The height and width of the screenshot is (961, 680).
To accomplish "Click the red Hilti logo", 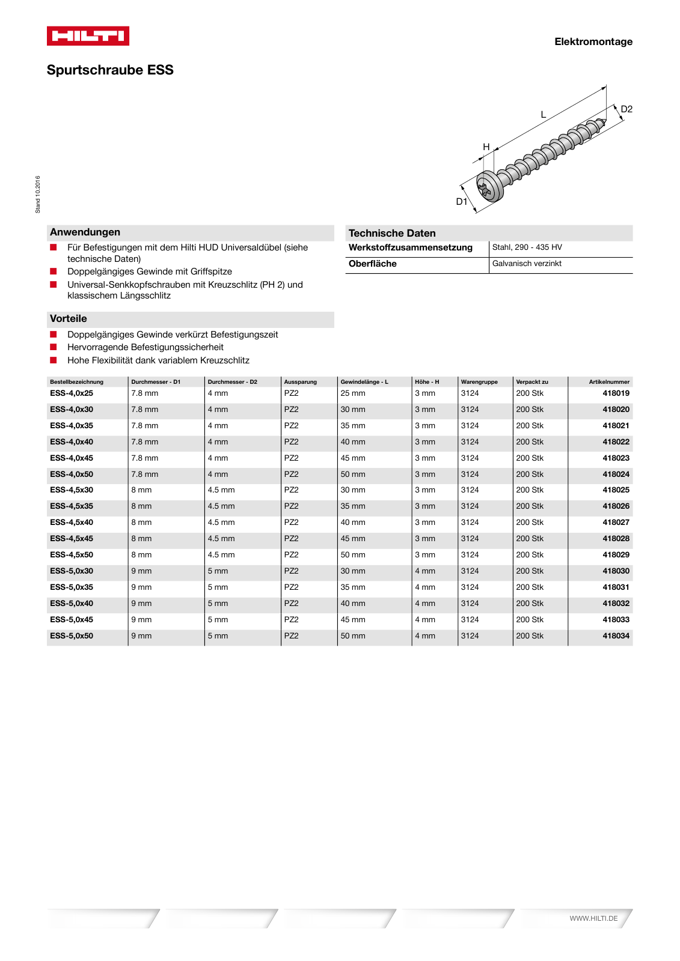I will pos(88,36).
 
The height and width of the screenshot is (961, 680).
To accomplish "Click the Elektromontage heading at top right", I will pos(593,41).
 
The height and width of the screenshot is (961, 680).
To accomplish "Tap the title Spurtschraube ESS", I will pos(110,70).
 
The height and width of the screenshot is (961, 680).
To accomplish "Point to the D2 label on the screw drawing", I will pos(626,109).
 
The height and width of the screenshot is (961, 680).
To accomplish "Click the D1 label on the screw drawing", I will pos(461,202).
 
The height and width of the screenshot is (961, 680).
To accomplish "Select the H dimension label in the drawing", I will pos(486,147).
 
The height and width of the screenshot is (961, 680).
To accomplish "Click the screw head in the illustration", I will pos(489,187).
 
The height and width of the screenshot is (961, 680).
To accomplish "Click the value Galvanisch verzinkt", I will pos(527,264).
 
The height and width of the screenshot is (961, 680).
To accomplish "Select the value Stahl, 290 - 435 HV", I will pos(527,247).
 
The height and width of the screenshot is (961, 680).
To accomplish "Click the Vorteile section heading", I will pos(69,319).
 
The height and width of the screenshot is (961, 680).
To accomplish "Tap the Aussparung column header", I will pos(300,382).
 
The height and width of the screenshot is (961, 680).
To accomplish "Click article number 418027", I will pos(616,523).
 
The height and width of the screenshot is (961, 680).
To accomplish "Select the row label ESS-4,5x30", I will pos(72,490).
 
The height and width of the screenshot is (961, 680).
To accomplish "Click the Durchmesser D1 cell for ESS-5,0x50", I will pos(141,636).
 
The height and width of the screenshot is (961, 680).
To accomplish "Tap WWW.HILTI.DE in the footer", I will pos(593,918).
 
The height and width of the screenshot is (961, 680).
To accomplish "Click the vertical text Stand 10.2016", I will pos(38,194).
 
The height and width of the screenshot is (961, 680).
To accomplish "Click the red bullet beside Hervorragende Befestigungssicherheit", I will pos(54,347).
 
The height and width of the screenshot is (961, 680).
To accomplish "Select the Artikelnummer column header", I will pos(609,382).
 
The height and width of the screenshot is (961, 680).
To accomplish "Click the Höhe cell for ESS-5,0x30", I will pos(425,571).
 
